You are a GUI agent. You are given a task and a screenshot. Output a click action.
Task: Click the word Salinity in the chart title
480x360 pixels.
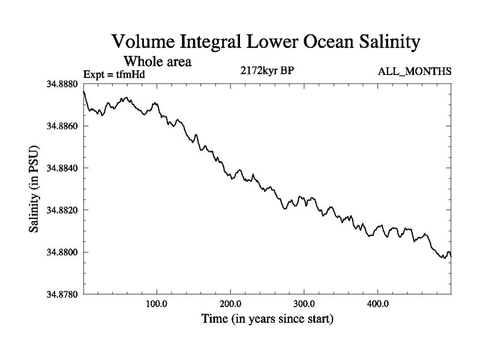pyautogui.click(x=374, y=43)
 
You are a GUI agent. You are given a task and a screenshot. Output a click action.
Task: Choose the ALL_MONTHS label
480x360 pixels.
pyautogui.click(x=414, y=72)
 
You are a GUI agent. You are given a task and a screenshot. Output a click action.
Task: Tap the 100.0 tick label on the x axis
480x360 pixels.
pyautogui.click(x=157, y=304)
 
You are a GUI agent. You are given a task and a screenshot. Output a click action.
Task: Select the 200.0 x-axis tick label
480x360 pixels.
pyautogui.click(x=230, y=304)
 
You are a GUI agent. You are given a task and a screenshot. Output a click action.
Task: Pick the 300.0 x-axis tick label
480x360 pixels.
pyautogui.click(x=304, y=304)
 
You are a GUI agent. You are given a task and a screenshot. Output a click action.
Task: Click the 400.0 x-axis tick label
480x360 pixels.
pyautogui.click(x=378, y=304)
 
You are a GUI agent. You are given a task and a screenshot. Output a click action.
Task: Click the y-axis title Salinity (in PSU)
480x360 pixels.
pyautogui.click(x=34, y=190)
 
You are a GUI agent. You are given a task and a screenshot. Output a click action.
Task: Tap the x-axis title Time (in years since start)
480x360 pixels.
pyautogui.click(x=267, y=319)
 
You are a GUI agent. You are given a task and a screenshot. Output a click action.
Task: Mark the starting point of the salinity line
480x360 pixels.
pyautogui.click(x=83, y=91)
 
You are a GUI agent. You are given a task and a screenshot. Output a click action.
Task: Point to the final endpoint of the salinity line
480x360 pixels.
pyautogui.click(x=451, y=256)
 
